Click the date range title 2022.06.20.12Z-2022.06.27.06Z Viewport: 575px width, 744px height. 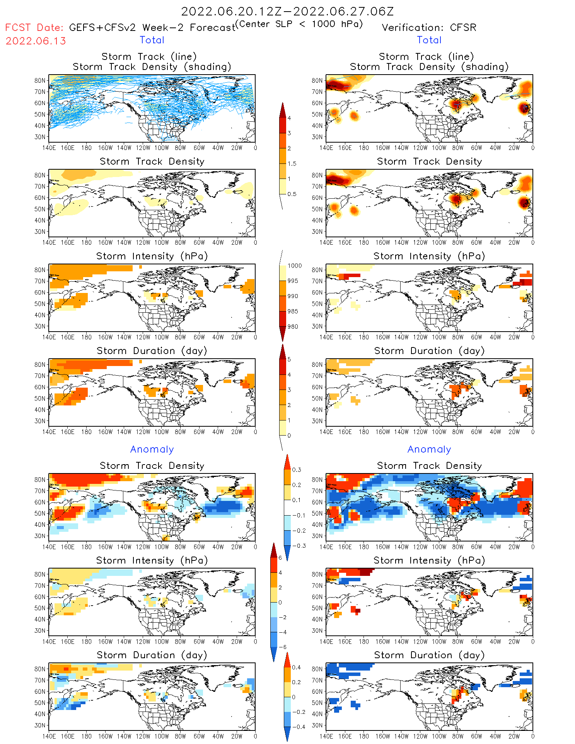click(287, 12)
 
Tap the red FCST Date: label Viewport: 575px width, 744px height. click(34, 28)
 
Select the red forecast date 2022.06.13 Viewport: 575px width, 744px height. click(36, 41)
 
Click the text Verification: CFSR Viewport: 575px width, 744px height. click(429, 28)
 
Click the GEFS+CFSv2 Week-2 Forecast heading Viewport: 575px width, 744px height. click(152, 28)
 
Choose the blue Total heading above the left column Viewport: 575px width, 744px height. click(152, 40)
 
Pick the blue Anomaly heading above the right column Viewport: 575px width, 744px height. click(429, 449)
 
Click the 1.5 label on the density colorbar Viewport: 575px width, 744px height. click(292, 164)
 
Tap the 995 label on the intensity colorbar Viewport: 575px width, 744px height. click(293, 281)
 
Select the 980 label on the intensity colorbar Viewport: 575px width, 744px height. click(293, 327)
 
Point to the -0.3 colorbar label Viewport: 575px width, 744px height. click(299, 546)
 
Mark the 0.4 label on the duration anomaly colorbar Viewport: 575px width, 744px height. click(296, 667)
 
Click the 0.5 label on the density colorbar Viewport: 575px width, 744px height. click(292, 194)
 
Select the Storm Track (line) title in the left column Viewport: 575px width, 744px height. click(149, 57)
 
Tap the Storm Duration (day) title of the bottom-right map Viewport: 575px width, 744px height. click(429, 655)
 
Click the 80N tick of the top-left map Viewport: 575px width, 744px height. click(40, 81)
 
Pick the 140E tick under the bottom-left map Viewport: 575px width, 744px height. click(49, 736)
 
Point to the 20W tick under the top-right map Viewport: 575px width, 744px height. click(514, 148)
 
